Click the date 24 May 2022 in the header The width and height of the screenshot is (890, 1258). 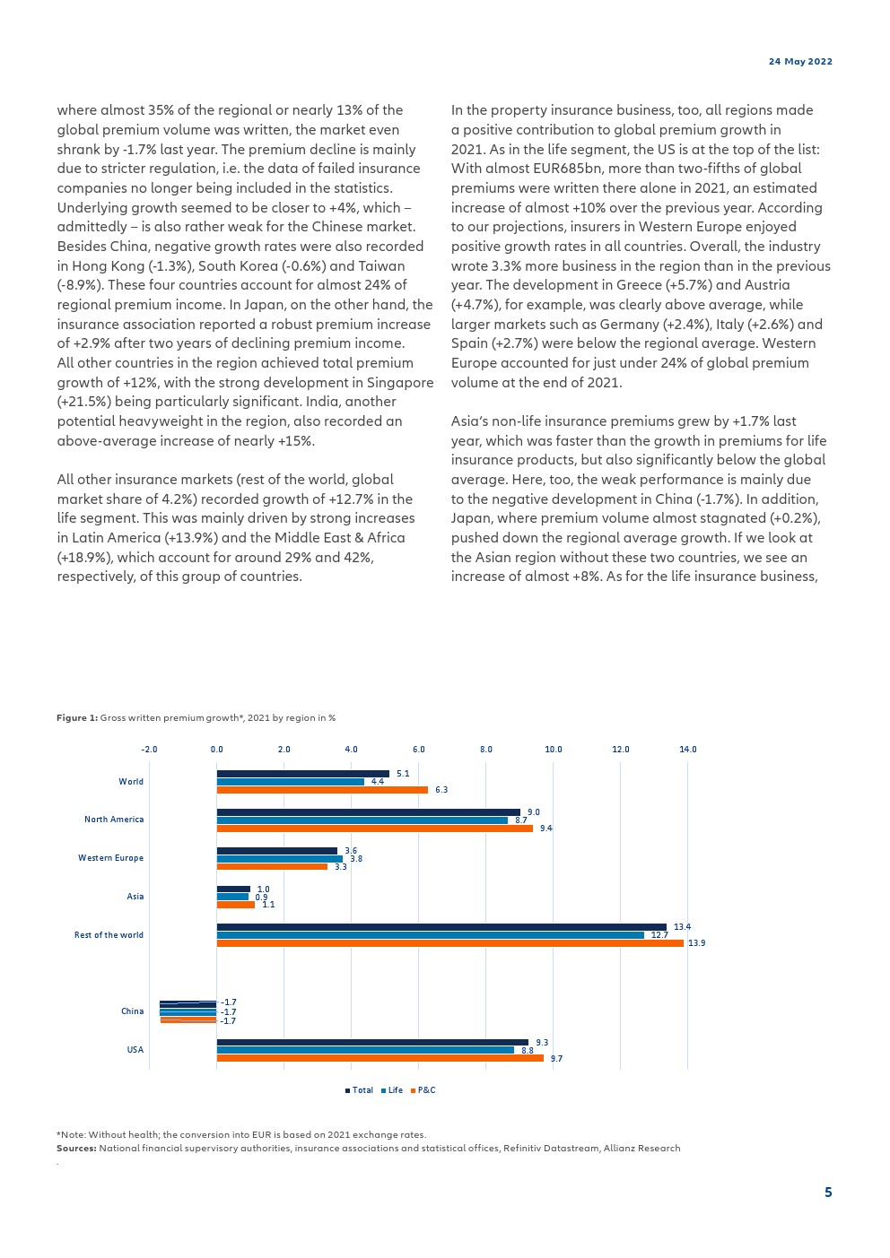(x=800, y=62)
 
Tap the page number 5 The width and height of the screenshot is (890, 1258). (x=828, y=1193)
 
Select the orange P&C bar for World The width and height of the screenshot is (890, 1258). (x=322, y=790)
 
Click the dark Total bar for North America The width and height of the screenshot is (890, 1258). (x=368, y=812)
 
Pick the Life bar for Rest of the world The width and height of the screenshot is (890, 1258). (x=430, y=935)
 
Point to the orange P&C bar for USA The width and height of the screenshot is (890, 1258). (x=380, y=1058)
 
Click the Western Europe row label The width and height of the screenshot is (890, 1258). (x=110, y=858)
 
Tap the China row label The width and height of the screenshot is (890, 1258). (x=132, y=1011)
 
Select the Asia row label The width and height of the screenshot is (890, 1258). (x=135, y=897)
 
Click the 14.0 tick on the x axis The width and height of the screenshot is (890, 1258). (x=688, y=750)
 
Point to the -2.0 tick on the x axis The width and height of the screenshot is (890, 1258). (x=149, y=750)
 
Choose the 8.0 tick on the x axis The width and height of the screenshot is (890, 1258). (x=486, y=750)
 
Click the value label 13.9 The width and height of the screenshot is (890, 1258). (x=697, y=943)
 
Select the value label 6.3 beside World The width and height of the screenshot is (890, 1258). (x=441, y=790)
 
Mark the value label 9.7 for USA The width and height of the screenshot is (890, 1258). (x=556, y=1059)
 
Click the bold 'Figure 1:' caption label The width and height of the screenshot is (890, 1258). (x=77, y=718)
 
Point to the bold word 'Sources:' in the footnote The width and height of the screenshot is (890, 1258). (x=76, y=1149)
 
